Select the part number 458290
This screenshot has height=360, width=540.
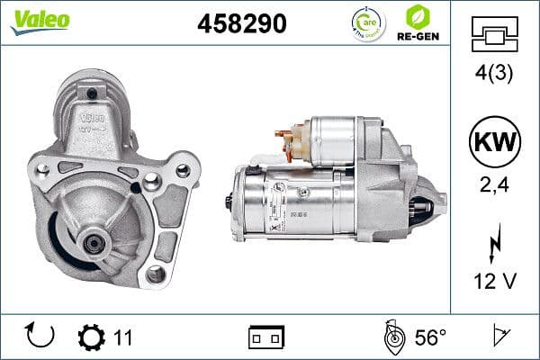pyautogui.click(x=241, y=24)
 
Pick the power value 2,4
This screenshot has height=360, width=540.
pyautogui.click(x=495, y=186)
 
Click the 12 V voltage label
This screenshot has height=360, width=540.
pyautogui.click(x=495, y=281)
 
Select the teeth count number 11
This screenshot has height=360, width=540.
pyautogui.click(x=123, y=338)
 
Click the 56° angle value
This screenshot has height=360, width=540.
pyautogui.click(x=430, y=337)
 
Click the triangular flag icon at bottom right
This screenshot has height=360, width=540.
pyautogui.click(x=498, y=337)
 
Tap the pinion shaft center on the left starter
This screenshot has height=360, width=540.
pyautogui.click(x=94, y=238)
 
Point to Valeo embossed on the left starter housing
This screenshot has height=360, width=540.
pyautogui.click(x=94, y=118)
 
